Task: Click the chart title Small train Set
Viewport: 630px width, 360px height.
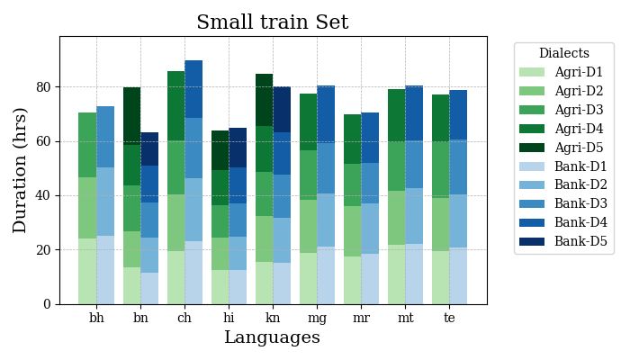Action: point(273,22)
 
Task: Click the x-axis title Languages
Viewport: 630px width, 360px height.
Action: point(272,337)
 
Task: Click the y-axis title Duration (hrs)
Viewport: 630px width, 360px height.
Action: point(20,170)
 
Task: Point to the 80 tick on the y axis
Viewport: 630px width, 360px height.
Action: point(47,87)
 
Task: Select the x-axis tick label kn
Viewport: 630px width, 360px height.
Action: point(273,318)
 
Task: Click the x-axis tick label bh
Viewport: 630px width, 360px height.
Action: point(96,318)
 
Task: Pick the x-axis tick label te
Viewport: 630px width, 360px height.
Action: point(449,318)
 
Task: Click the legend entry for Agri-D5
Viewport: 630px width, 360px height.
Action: point(579,148)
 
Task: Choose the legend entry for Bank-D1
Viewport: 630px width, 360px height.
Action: point(580,166)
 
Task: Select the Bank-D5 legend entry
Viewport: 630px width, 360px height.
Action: point(580,242)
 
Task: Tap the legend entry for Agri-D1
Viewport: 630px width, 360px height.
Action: point(579,72)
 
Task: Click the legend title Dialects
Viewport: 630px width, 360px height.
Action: point(563,54)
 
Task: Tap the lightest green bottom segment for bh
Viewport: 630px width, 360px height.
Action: point(87,271)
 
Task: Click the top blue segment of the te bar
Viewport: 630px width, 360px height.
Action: point(458,115)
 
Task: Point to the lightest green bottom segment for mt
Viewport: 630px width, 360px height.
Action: point(396,274)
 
